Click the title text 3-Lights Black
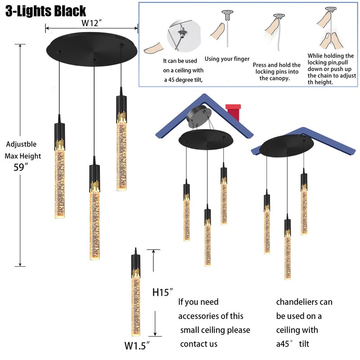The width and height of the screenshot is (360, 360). coord(45,10)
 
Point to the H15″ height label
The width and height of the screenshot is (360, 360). coord(163,292)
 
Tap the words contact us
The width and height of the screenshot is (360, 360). coord(198,344)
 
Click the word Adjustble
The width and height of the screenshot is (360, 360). coord(22,144)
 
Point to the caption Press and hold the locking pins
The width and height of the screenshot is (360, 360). coord(277,72)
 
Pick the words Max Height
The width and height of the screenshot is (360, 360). coord(23,156)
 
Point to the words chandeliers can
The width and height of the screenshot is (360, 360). coord(304,302)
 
